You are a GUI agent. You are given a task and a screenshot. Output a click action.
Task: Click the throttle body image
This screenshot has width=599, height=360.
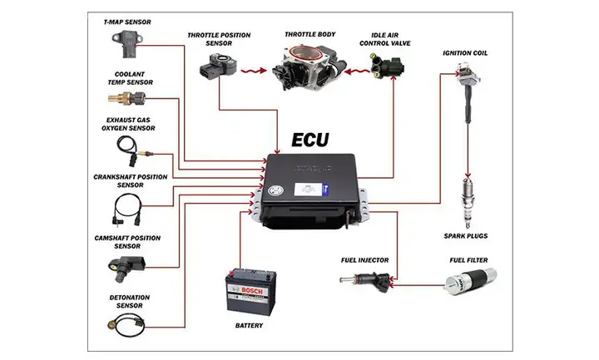pyautogui.click(x=302, y=64)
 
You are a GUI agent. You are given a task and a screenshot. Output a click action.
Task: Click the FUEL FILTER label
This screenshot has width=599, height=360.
pyautogui.click(x=468, y=260)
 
